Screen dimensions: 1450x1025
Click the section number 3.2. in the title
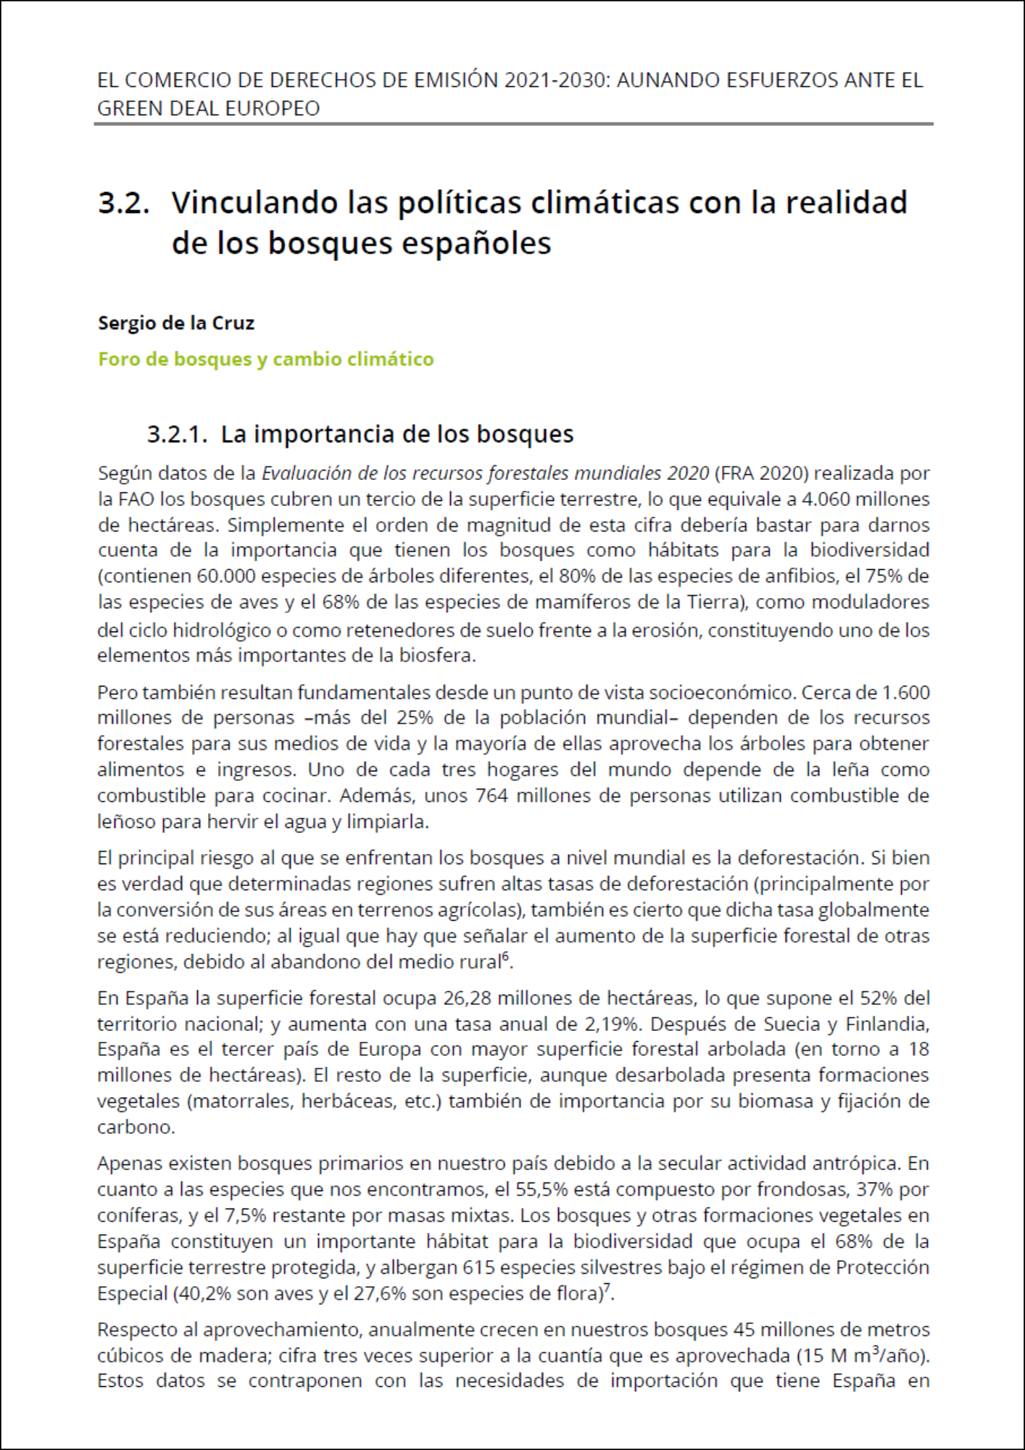124,203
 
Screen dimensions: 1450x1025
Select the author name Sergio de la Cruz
176,323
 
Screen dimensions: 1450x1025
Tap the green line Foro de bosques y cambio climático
265,360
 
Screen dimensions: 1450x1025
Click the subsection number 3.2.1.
178,434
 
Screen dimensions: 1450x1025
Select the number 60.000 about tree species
225,576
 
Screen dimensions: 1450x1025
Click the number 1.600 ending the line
905,692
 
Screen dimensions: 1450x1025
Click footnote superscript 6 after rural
506,958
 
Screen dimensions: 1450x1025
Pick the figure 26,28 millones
465,998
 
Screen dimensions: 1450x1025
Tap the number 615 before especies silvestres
478,1268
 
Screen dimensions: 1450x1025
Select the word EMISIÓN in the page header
456,80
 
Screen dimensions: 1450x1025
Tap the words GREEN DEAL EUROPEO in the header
208,109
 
